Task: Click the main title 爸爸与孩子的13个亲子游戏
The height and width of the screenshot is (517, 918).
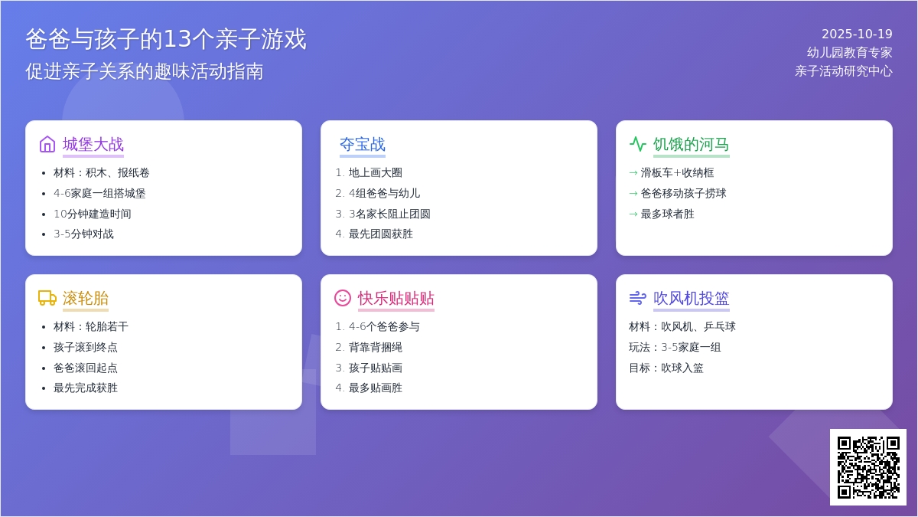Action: point(166,39)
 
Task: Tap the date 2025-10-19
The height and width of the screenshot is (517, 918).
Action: point(857,34)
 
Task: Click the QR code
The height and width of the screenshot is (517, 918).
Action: point(868,467)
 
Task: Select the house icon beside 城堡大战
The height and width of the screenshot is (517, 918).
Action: point(47,145)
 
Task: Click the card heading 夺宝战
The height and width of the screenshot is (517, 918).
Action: point(363,145)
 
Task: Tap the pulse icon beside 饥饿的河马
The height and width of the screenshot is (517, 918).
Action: point(638,145)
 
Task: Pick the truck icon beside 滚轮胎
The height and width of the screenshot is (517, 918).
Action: point(47,298)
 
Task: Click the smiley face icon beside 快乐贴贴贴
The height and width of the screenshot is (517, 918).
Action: point(343,298)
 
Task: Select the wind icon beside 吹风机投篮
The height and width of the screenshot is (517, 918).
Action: point(638,298)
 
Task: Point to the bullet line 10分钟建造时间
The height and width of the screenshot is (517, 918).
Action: point(93,214)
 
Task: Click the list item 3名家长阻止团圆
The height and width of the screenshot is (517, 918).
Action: point(389,214)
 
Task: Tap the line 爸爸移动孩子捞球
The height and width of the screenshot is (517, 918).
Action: point(683,193)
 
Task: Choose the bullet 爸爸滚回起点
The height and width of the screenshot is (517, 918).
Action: point(85,368)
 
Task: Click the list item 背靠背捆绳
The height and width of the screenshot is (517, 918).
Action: point(376,347)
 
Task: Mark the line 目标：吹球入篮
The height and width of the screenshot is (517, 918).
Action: point(666,368)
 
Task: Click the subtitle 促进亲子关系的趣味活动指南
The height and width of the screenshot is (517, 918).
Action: point(145,71)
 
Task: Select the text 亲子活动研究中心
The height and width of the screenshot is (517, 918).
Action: point(844,71)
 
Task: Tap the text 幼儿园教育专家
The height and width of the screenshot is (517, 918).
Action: point(850,53)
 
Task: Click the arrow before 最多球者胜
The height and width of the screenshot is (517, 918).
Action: point(633,214)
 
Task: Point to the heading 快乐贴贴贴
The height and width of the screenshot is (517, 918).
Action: point(396,298)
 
